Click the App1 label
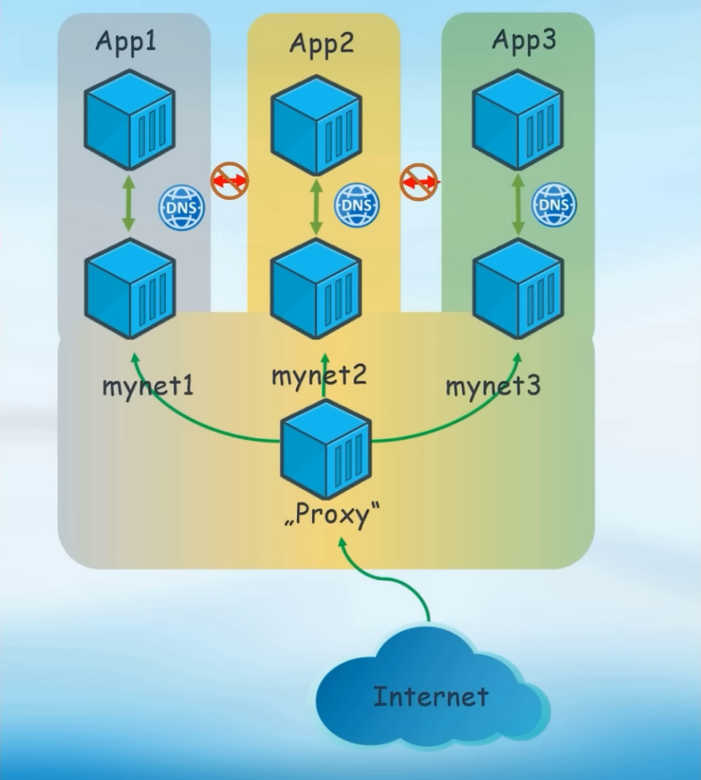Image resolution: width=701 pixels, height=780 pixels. click(126, 41)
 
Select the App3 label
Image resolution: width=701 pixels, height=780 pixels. click(523, 40)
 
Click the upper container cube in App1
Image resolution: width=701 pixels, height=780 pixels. click(129, 120)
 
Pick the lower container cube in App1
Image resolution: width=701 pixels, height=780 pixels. click(129, 287)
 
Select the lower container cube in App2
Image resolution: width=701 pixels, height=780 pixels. click(316, 289)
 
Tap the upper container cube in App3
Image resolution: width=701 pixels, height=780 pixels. click(518, 120)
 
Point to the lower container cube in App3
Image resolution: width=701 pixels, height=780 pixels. click(518, 289)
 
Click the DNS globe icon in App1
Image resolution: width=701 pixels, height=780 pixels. click(181, 207)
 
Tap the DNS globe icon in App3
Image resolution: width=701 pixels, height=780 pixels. click(553, 205)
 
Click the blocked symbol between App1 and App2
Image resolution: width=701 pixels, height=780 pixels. click(229, 181)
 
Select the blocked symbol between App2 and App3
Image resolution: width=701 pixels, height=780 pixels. click(419, 182)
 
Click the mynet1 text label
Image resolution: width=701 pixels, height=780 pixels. click(148, 385)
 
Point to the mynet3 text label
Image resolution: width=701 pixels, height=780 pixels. click(492, 385)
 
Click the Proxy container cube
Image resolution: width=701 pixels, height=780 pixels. click(326, 449)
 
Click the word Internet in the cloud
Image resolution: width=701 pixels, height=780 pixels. click(431, 695)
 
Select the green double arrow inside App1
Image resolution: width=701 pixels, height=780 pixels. click(128, 203)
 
